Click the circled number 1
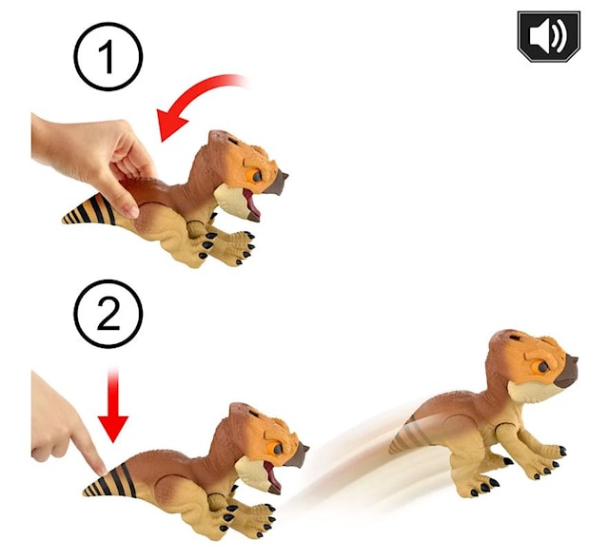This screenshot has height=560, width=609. pos(108,56)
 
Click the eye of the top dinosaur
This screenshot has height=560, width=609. pos(256,173)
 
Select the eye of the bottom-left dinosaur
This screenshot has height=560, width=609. pos(277,442)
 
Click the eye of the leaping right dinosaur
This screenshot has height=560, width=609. pos(540,366)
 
